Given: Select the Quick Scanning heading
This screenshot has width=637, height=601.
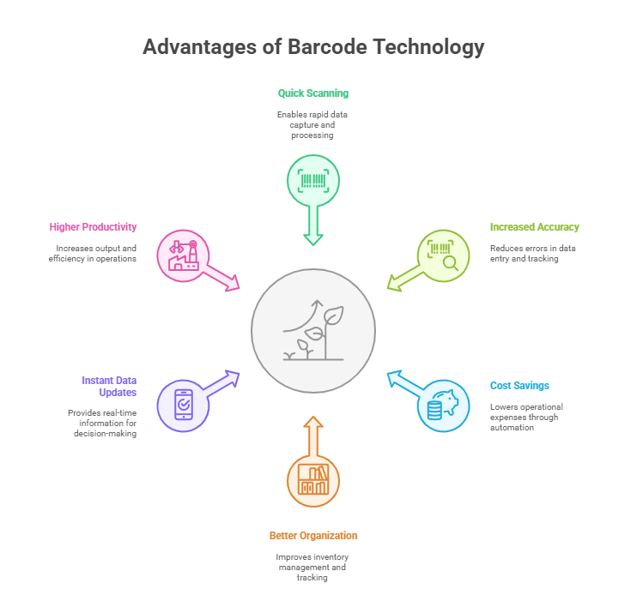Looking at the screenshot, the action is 313,93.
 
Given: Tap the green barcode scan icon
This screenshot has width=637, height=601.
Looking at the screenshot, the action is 313,181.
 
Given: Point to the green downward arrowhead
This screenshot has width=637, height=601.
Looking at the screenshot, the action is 313,239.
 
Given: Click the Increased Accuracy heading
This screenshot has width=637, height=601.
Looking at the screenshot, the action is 534,227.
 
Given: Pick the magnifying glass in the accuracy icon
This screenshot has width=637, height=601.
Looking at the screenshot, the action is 451,264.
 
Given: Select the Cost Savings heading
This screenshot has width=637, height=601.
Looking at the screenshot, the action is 519,386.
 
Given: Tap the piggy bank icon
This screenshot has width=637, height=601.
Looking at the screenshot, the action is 443,405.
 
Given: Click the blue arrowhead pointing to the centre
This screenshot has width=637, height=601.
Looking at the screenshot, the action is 394,377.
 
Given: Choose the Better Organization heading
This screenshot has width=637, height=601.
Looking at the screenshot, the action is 313,536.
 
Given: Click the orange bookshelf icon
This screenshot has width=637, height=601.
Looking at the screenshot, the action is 313,479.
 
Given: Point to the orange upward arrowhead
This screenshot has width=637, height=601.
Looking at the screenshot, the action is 313,422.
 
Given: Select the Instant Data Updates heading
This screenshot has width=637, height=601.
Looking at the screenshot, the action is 109,387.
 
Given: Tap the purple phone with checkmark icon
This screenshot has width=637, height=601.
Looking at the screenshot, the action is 184,405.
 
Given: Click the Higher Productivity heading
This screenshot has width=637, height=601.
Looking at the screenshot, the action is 93,227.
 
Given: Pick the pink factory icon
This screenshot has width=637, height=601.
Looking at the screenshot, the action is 184,255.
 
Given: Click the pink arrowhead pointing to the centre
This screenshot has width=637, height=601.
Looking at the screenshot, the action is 233,283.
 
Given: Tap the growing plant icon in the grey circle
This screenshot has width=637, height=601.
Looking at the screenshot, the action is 313,330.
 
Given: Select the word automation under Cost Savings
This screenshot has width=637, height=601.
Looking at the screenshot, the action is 512,428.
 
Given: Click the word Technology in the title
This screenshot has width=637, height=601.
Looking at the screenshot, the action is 429,47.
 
